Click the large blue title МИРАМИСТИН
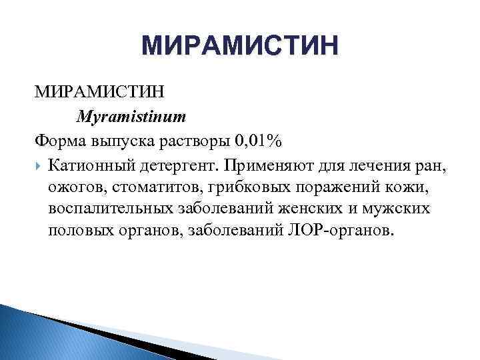tap(240, 47)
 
